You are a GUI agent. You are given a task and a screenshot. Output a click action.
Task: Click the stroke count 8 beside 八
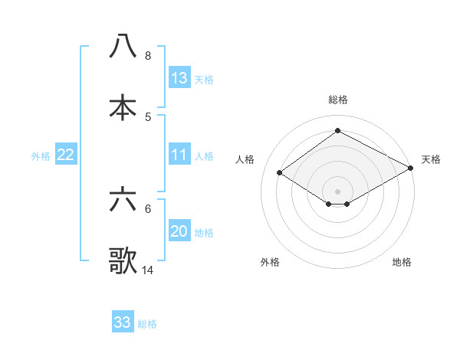tap(147, 56)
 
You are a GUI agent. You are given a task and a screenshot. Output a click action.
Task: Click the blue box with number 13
tap(179, 78)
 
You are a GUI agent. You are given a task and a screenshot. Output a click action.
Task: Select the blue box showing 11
tap(179, 155)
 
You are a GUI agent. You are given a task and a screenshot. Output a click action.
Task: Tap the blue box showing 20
tap(179, 231)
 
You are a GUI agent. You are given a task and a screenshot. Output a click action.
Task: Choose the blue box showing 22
tap(66, 155)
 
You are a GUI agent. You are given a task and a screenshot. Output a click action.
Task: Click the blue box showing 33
tap(123, 322)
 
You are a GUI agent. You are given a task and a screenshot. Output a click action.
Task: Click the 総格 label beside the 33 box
tap(147, 324)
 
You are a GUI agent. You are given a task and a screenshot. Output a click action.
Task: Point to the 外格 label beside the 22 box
tap(41, 156)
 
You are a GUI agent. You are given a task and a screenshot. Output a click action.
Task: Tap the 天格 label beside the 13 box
tap(204, 80)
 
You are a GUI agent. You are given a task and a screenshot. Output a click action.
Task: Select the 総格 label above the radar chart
tap(337, 100)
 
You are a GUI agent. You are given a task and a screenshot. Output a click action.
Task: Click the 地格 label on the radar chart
tap(402, 262)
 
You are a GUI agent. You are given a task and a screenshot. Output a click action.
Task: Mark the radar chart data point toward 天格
tap(412, 169)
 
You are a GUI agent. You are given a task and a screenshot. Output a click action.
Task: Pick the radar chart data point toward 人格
tap(280, 173)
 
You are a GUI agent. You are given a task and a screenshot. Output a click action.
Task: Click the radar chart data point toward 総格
tap(337, 130)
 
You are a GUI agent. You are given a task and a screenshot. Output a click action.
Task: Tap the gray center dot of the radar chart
tap(337, 191)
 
